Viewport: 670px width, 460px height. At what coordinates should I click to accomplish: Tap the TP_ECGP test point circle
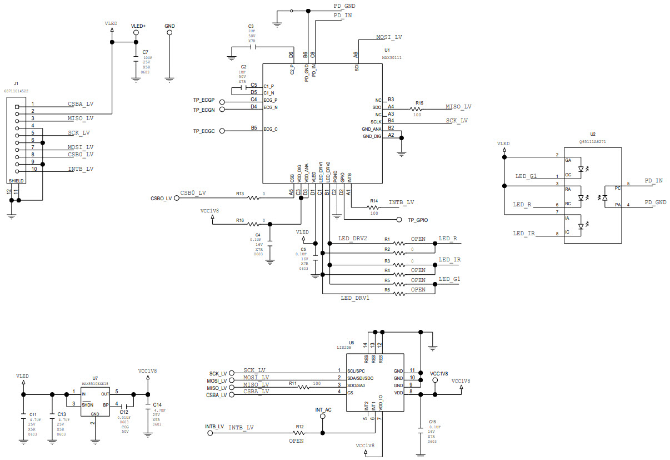pyautogui.click(x=222, y=102)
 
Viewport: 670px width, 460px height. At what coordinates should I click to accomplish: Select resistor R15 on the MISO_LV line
pyautogui.click(x=416, y=110)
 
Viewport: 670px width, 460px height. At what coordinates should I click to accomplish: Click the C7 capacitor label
pyautogui.click(x=146, y=52)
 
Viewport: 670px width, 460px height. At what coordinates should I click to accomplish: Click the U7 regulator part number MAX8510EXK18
pyautogui.click(x=95, y=383)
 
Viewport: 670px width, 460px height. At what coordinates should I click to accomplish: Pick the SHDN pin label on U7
pyautogui.click(x=87, y=404)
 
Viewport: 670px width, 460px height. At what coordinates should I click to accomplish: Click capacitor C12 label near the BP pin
pyautogui.click(x=124, y=412)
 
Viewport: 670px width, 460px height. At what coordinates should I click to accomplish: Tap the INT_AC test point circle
pyautogui.click(x=322, y=417)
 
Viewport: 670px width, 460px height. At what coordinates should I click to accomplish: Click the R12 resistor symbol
pyautogui.click(x=300, y=432)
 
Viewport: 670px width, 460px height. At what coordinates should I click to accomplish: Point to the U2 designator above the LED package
pyautogui.click(x=593, y=134)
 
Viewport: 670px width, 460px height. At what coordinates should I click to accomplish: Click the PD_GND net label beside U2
pyautogui.click(x=655, y=202)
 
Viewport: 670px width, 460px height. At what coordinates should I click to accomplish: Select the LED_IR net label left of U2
pyautogui.click(x=524, y=234)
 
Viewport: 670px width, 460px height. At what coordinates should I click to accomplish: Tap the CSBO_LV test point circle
pyautogui.click(x=177, y=197)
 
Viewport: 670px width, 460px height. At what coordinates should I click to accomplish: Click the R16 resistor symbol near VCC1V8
pyautogui.click(x=253, y=224)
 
